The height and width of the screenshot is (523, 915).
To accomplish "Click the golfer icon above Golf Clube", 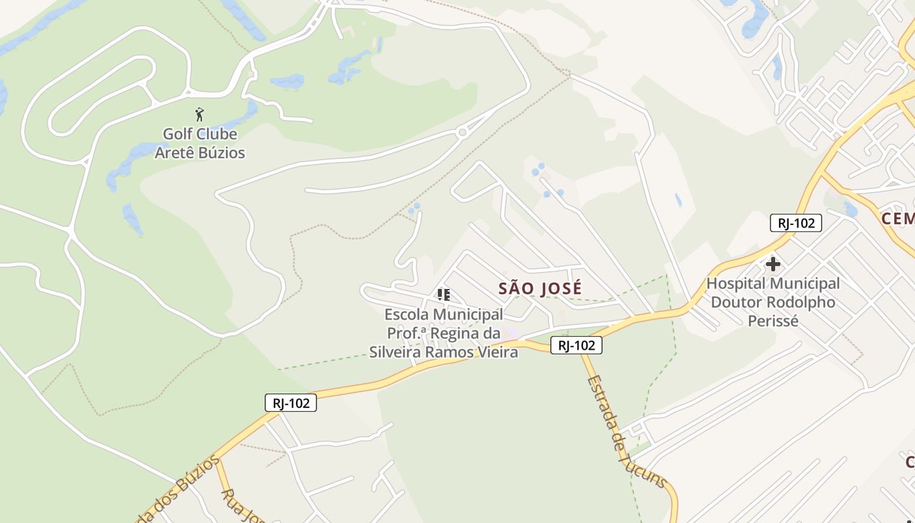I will (x=199, y=114).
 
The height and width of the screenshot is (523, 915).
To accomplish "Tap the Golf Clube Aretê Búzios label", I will (x=199, y=143).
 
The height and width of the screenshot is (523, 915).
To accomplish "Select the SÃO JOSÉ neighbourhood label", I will (x=540, y=288).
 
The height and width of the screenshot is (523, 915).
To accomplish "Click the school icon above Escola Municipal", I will (x=444, y=295).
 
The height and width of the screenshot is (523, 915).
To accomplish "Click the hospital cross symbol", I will (x=773, y=265).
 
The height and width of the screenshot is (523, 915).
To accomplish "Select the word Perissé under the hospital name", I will (x=773, y=321).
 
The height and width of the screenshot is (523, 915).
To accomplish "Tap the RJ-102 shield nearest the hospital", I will (x=795, y=223).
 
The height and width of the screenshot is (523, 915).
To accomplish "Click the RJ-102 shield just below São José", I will (x=576, y=345).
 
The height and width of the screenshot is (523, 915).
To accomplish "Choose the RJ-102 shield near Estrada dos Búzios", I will (x=291, y=403).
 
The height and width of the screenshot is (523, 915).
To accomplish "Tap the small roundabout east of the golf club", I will (x=463, y=133).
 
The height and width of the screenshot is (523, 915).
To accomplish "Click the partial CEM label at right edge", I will (x=898, y=218).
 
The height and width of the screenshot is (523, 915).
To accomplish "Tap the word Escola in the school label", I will (x=407, y=314).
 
